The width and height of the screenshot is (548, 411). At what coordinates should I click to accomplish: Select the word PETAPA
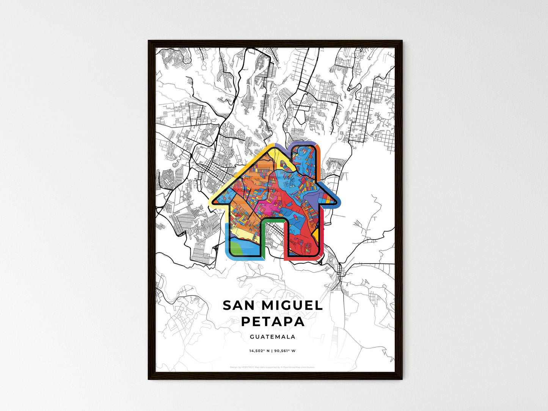click(273, 321)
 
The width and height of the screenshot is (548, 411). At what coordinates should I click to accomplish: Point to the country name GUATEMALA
click(273, 337)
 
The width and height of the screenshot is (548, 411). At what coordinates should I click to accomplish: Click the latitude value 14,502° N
click(259, 351)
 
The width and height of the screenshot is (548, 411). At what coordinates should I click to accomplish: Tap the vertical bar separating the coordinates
click(272, 351)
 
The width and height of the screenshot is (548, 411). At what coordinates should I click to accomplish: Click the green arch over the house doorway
click(273, 220)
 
